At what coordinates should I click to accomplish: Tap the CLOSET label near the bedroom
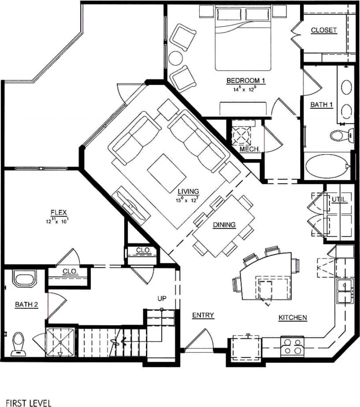[323, 30]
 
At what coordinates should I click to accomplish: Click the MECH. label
[249, 149]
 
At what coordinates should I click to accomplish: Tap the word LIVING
[188, 192]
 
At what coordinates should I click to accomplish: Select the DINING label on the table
[224, 225]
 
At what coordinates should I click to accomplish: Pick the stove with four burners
[293, 346]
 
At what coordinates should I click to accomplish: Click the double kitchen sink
[345, 291]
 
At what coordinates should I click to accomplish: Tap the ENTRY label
[203, 315]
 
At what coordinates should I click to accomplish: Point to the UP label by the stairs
[162, 299]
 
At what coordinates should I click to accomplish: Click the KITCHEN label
[293, 318]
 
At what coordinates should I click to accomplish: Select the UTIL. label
[340, 200]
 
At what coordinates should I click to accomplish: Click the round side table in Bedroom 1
[176, 58]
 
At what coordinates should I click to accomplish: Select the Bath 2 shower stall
[61, 341]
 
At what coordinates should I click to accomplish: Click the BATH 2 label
[24, 304]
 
